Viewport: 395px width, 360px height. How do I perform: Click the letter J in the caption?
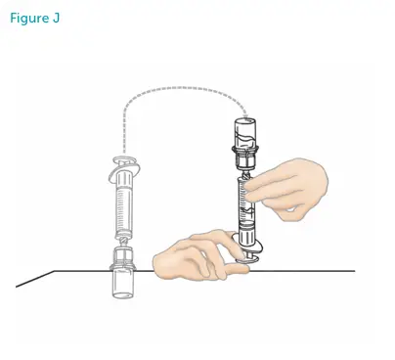[x=56, y=19]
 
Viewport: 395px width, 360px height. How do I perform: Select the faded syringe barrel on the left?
[x=125, y=206]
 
